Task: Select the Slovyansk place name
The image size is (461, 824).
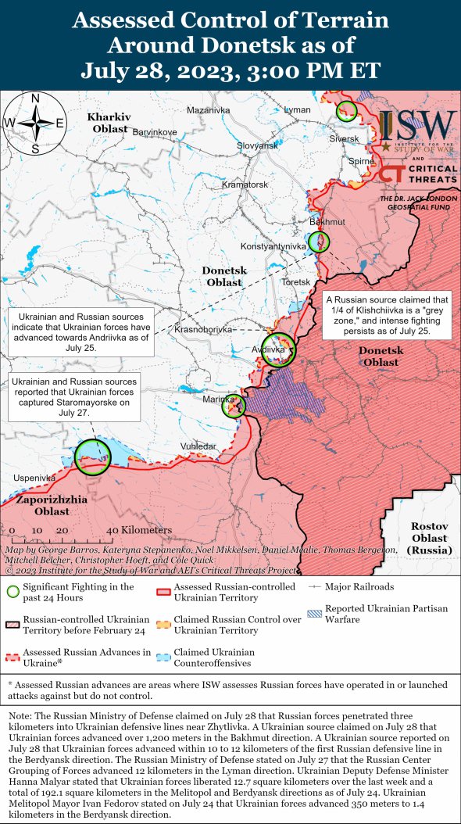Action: pyautogui.click(x=257, y=145)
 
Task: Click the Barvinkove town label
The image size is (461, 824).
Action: pyautogui.click(x=155, y=132)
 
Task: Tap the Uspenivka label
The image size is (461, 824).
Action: pyautogui.click(x=34, y=477)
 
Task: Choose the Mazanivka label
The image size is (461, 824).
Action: pyautogui.click(x=209, y=110)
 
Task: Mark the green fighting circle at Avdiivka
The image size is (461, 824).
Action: pyautogui.click(x=279, y=349)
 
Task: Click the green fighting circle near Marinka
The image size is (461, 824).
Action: pyautogui.click(x=234, y=406)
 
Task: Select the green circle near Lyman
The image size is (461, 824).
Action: pyautogui.click(x=346, y=111)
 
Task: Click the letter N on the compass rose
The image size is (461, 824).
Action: pyautogui.click(x=35, y=99)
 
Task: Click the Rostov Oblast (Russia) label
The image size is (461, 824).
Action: pyautogui.click(x=429, y=537)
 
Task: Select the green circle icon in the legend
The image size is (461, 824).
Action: pyautogui.click(x=13, y=592)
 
